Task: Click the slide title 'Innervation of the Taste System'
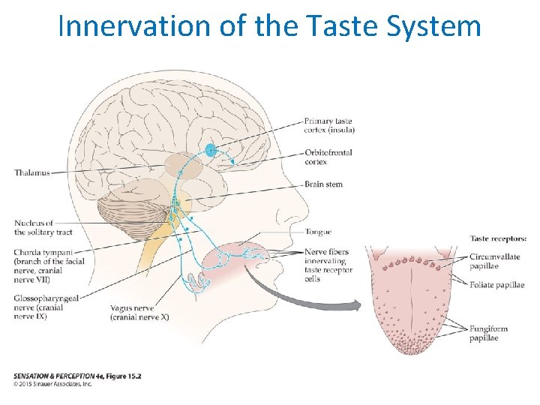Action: coord(269,27)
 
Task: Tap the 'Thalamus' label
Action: coord(32,172)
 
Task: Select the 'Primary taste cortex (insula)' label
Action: coord(329,125)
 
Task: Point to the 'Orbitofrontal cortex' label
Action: coord(328,157)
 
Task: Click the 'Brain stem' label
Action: coord(323,184)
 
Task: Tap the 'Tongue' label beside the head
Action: coord(318,232)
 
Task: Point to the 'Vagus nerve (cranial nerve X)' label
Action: coord(139,312)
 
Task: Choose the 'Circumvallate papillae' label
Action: coord(494,261)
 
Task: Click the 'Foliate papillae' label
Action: coord(496,285)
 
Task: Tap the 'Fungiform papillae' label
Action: coord(490,333)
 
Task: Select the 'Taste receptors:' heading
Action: coord(498,238)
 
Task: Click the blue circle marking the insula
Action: coord(211,149)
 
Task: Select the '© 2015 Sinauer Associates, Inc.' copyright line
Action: coord(52,384)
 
